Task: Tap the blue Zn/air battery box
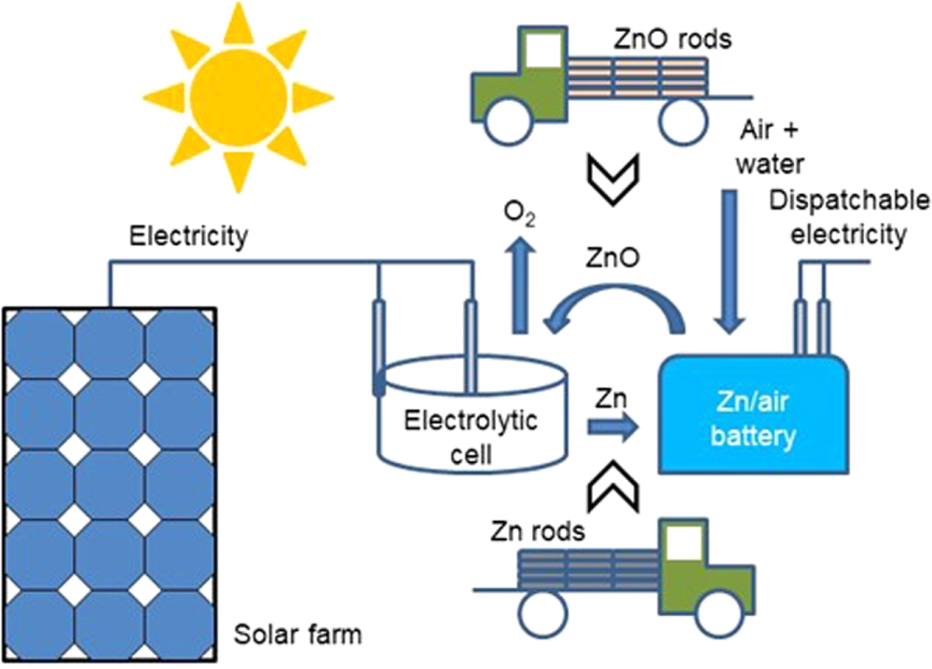[754, 417]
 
